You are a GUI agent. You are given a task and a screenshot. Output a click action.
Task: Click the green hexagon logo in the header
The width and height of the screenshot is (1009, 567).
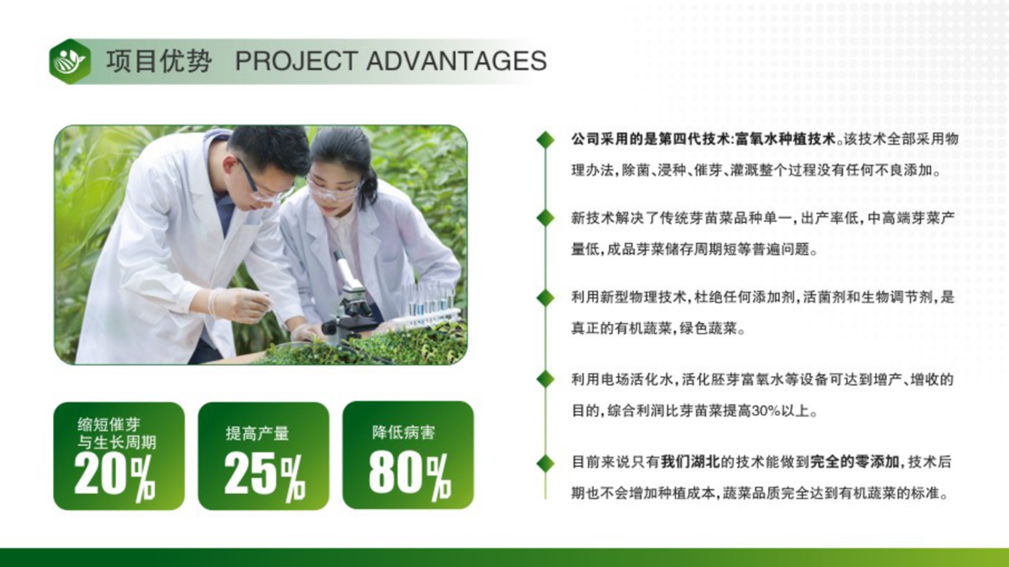point(70,62)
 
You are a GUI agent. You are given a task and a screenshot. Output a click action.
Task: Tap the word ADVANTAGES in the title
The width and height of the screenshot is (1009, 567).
point(457,61)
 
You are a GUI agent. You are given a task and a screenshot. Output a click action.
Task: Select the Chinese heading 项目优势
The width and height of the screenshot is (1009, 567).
point(159,61)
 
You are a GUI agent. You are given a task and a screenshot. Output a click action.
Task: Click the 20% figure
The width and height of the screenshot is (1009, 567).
point(114,475)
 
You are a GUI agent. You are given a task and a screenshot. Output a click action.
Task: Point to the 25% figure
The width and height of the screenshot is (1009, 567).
point(264,475)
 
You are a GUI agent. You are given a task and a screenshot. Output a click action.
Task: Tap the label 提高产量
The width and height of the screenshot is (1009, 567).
point(258,434)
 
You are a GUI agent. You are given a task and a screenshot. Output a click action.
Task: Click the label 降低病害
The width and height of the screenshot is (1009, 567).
point(403,432)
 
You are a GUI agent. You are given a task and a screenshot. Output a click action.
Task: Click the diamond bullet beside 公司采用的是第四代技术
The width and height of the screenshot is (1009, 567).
point(545,140)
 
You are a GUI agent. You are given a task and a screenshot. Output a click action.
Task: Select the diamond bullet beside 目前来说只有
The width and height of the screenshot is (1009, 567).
point(545,463)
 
